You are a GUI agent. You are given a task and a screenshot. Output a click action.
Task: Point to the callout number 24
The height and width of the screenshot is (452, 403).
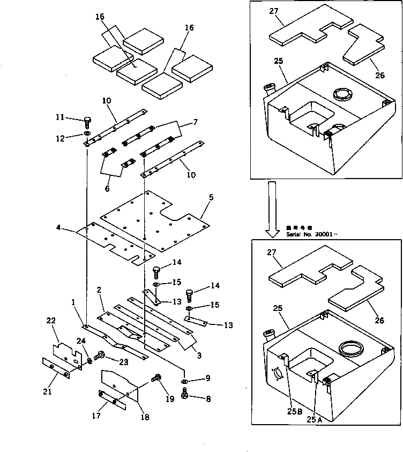[x=80, y=340]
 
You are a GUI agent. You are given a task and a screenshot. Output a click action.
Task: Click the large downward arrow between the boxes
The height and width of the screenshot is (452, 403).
[x=272, y=209]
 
